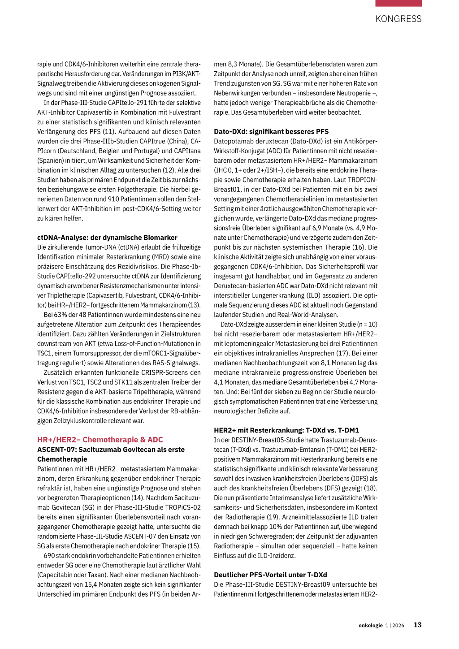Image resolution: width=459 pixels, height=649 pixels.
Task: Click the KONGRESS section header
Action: click(x=398, y=19)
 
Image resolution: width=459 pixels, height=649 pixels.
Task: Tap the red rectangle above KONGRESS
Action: click(x=398, y=3)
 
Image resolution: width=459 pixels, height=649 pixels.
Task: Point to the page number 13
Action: click(x=417, y=625)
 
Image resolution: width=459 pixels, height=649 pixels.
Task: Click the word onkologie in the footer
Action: click(x=371, y=625)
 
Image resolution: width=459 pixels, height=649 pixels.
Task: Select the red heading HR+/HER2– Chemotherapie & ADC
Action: click(x=100, y=440)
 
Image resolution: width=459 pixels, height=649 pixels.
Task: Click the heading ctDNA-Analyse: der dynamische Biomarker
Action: click(x=107, y=238)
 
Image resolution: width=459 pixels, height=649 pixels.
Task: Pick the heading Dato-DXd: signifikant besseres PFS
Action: click(x=271, y=131)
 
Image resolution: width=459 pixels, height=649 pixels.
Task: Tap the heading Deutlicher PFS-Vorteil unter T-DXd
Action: click(x=270, y=575)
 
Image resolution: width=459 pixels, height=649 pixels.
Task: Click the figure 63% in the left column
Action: click(x=61, y=315)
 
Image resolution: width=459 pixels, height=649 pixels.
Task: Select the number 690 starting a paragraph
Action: click(x=49, y=556)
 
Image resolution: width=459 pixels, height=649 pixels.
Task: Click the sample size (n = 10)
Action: click(x=366, y=324)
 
